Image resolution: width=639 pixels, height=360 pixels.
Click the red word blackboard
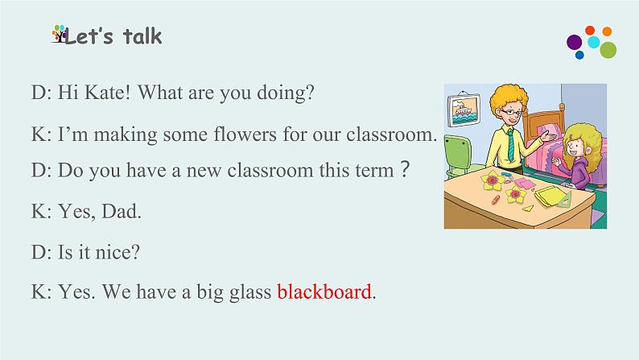click(324, 292)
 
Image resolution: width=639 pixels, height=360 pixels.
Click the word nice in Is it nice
click(121, 252)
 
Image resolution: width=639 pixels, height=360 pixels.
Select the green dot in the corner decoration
click(608, 50)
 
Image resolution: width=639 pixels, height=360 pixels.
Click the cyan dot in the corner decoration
click(594, 41)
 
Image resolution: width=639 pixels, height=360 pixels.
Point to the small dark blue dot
click(579, 56)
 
